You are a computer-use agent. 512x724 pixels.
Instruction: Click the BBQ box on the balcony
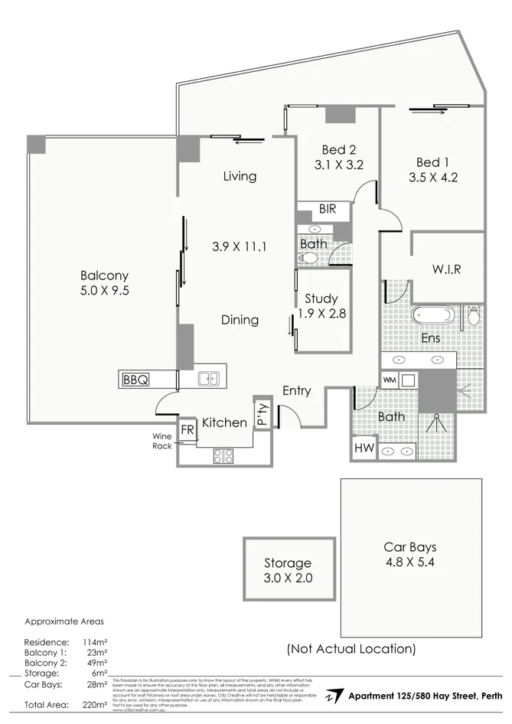pos(136,378)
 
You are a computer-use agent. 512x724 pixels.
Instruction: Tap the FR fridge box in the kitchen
pos(187,429)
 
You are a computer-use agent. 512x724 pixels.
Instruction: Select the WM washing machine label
pos(389,380)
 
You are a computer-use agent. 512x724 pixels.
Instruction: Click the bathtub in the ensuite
pos(434,315)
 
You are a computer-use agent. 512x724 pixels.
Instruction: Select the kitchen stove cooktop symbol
pos(223,455)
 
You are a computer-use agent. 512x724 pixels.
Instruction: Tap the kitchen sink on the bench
pos(208,377)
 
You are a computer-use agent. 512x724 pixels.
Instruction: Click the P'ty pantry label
pos(262,414)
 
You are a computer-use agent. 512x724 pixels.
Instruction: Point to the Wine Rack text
pos(161,440)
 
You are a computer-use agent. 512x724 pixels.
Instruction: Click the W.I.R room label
pos(446,269)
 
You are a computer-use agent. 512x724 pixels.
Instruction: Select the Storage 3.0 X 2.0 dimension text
pos(288,578)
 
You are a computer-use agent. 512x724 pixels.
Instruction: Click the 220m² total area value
pos(94,704)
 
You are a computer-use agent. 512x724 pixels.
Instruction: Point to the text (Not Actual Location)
pos(351,649)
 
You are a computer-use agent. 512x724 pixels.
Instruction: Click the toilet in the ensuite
pos(472,315)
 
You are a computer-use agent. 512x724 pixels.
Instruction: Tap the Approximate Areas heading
pos(64,621)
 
